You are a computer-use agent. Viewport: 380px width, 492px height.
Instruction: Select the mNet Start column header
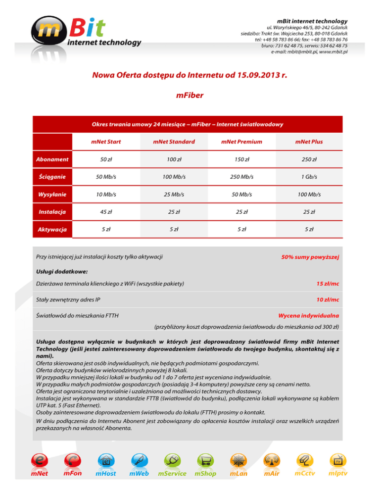[x=106, y=142]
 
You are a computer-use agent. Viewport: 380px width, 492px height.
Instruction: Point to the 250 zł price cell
[x=309, y=159]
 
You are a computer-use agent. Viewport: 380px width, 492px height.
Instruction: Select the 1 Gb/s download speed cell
[x=309, y=177]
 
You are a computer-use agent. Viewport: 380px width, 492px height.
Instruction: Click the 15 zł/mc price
[x=328, y=284]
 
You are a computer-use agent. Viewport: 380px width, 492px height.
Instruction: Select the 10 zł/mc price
[x=328, y=300]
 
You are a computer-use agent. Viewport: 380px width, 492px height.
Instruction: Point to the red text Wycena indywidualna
[x=309, y=315]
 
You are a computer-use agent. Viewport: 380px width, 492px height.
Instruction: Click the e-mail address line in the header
[x=309, y=52]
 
